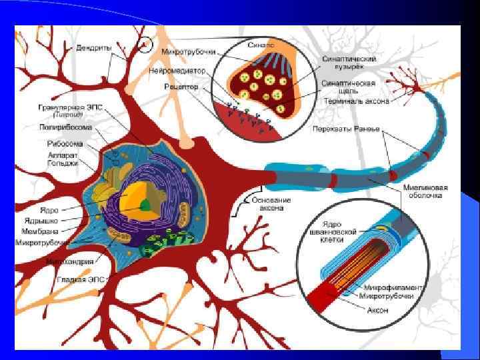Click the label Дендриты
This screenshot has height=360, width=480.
pos(93,48)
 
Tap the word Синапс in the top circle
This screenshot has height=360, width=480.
pos(264,45)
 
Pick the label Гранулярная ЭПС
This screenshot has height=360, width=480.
pos(63,109)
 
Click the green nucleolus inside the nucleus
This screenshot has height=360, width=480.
pos(145,207)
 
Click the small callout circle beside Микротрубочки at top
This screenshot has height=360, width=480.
pos(146,45)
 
